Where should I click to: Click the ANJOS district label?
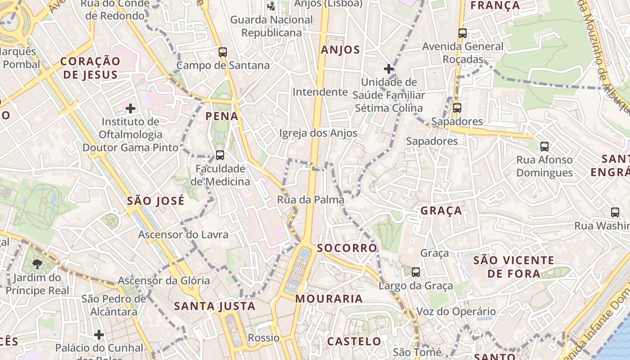[340, 49]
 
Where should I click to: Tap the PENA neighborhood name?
[222, 116]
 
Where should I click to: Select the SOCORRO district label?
[347, 248]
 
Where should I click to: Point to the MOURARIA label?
[329, 298]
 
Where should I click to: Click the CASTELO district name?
[354, 341]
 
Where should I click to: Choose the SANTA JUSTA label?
[215, 306]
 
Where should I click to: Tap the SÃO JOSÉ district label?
[156, 201]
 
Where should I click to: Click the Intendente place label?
[320, 92]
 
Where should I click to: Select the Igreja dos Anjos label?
[318, 133]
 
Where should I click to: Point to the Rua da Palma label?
[310, 199]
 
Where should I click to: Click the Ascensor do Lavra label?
[183, 234]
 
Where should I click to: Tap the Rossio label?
[264, 337]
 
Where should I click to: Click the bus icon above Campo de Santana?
[223, 52]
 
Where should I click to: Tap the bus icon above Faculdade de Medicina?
[220, 155]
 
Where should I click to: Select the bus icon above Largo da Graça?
[416, 272]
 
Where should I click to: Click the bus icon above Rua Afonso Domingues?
[544, 146]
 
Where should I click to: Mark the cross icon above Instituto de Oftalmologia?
[130, 108]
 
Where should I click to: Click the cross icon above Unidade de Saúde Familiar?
[389, 69]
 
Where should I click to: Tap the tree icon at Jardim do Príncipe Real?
[37, 264]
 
